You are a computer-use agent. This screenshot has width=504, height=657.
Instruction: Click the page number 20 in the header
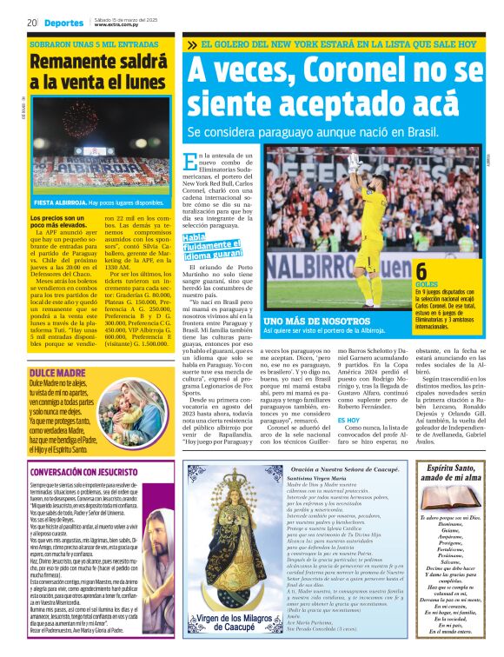pyautogui.click(x=31, y=22)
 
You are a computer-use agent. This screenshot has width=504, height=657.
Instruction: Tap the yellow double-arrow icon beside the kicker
pyautogui.click(x=192, y=44)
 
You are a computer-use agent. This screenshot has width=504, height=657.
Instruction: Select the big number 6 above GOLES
pyautogui.click(x=421, y=271)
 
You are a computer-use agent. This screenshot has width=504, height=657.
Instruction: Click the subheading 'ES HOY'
pyautogui.click(x=348, y=420)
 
